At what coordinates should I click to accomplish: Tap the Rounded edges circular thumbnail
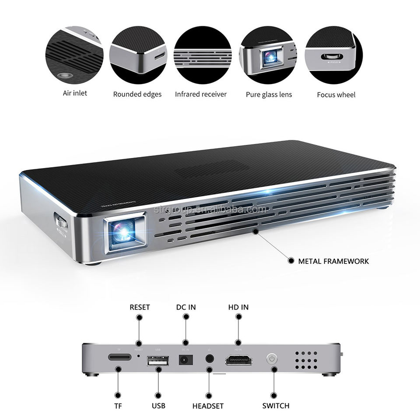(137, 55)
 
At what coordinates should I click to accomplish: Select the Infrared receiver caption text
(201, 94)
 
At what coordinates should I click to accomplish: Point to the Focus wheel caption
(336, 94)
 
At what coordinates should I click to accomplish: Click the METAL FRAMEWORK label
(333, 261)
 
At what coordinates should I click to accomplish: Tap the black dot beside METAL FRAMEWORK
(291, 261)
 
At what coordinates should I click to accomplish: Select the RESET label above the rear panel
(140, 307)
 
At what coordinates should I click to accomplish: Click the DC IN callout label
(186, 307)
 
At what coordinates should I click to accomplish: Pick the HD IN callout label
(238, 307)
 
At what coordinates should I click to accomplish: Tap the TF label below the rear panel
(118, 406)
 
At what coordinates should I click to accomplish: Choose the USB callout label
(158, 406)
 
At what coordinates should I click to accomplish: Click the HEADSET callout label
(208, 406)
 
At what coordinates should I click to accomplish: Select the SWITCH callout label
(276, 406)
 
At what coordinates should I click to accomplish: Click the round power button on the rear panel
(272, 360)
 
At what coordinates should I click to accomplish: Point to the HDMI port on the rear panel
(238, 360)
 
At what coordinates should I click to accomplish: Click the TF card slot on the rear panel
(119, 358)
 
